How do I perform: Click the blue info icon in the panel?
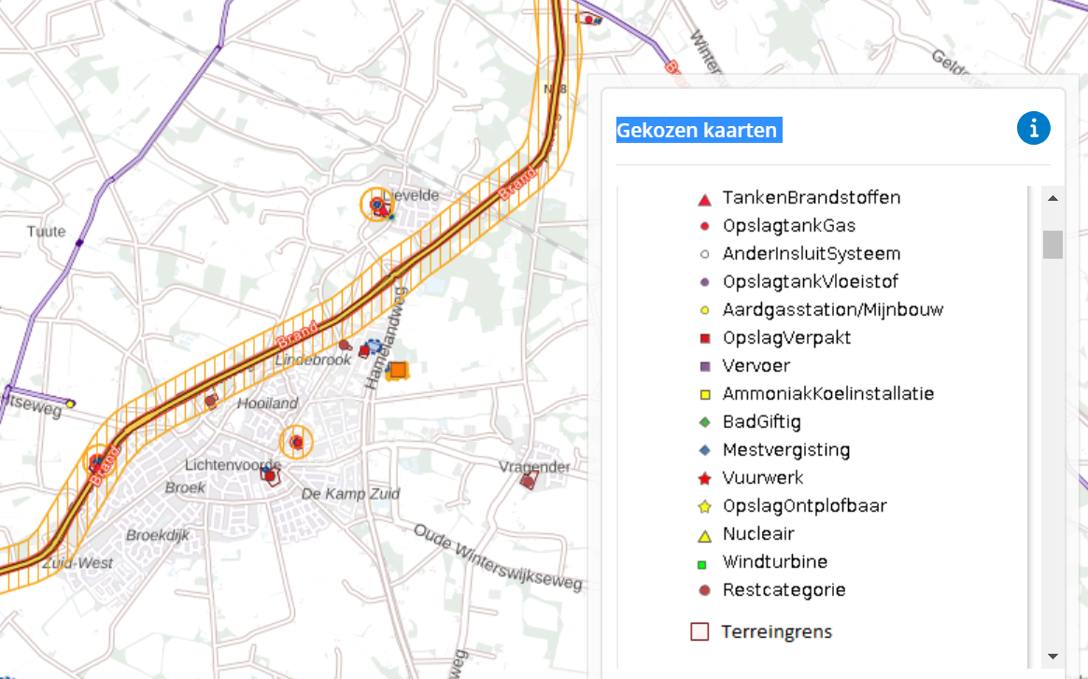click(1033, 129)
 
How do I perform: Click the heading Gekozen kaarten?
click(697, 130)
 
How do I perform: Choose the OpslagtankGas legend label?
click(788, 226)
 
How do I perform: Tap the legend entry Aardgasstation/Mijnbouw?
click(833, 310)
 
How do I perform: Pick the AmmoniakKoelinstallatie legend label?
click(827, 394)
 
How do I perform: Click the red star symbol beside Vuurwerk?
click(705, 479)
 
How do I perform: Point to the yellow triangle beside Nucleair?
click(705, 535)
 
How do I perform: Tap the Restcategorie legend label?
click(784, 590)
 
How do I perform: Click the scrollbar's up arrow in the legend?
click(1053, 199)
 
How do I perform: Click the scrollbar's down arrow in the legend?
click(1053, 656)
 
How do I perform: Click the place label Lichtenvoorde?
click(233, 464)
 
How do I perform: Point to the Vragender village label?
click(534, 467)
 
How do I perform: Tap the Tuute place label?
click(46, 232)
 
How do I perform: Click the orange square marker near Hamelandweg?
click(398, 371)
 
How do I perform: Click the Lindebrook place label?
click(313, 360)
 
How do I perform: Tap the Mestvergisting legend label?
click(785, 450)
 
